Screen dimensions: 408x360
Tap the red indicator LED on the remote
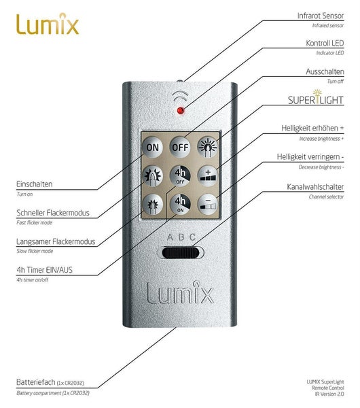click(x=181, y=110)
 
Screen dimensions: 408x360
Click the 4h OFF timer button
click(x=180, y=175)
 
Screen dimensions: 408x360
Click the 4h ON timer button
click(x=180, y=203)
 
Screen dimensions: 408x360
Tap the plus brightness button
click(x=209, y=175)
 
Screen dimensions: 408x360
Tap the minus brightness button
click(x=209, y=203)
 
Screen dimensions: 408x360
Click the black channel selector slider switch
click(x=180, y=254)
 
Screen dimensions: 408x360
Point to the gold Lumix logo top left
click(x=48, y=25)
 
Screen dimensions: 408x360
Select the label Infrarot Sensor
click(x=319, y=14)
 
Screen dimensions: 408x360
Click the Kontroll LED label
click(x=325, y=42)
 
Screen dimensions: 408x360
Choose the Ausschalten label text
click(x=323, y=71)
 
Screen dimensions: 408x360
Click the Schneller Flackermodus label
click(x=53, y=213)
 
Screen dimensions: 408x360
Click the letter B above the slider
click(x=180, y=237)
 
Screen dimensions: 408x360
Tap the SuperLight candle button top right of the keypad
click(x=209, y=147)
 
